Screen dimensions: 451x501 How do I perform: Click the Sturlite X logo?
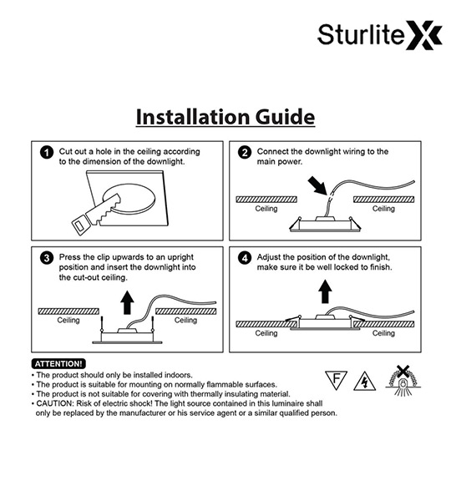pyautogui.click(x=380, y=35)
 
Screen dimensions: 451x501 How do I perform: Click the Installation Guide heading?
pyautogui.click(x=225, y=117)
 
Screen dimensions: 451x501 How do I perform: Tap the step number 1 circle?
pyautogui.click(x=47, y=153)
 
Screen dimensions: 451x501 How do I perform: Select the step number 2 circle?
pyautogui.click(x=245, y=153)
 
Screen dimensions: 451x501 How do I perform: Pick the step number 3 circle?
pyautogui.click(x=47, y=258)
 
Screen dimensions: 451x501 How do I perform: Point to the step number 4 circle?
pyautogui.click(x=245, y=258)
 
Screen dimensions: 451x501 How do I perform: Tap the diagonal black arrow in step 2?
pyautogui.click(x=317, y=186)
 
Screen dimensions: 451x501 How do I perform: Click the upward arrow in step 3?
pyautogui.click(x=127, y=302)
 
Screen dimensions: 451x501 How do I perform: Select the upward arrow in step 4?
pyautogui.click(x=325, y=291)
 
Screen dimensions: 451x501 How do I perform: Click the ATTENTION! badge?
pyautogui.click(x=58, y=363)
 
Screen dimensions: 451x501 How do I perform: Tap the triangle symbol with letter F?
pyautogui.click(x=336, y=379)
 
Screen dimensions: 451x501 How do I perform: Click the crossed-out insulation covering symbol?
pyautogui.click(x=403, y=381)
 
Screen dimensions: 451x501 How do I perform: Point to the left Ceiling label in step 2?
pyautogui.click(x=266, y=209)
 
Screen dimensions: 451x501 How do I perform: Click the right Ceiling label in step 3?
pyautogui.click(x=185, y=320)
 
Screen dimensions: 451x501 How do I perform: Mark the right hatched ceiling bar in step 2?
pyautogui.click(x=383, y=200)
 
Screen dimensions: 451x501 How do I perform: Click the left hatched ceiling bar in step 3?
pyautogui.click(x=68, y=311)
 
